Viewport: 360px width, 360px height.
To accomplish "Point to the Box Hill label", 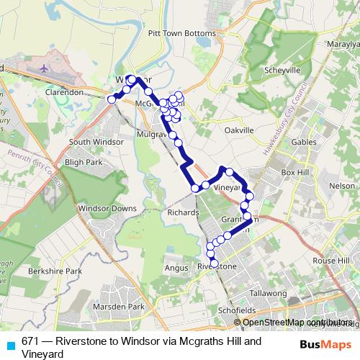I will [293, 173].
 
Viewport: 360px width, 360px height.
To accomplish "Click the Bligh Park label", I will [85, 163].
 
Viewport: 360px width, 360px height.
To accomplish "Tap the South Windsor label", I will [96, 142].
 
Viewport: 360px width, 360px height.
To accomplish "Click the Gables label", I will [304, 142].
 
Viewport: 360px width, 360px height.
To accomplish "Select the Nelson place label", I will [341, 186].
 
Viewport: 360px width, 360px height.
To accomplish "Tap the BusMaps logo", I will [328, 344].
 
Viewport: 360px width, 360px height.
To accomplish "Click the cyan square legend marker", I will [9, 344].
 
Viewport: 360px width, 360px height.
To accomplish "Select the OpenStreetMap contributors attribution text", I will [299, 323].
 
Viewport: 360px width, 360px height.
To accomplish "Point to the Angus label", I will [176, 268].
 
